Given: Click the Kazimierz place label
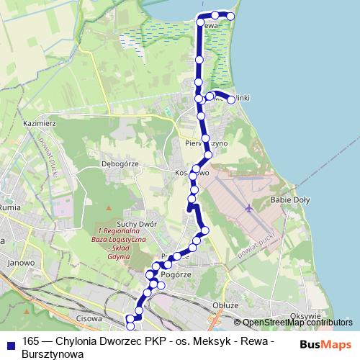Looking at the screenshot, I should point(40,123).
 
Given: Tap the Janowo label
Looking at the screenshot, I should point(21,263).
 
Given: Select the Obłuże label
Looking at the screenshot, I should point(225,305).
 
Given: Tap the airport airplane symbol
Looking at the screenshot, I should point(248,209).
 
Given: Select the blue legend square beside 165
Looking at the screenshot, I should point(11,341).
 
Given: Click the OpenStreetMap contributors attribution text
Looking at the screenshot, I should point(297,323).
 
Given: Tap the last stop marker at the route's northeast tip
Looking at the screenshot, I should point(231,16).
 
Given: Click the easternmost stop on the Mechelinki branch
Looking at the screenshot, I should point(231,100).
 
